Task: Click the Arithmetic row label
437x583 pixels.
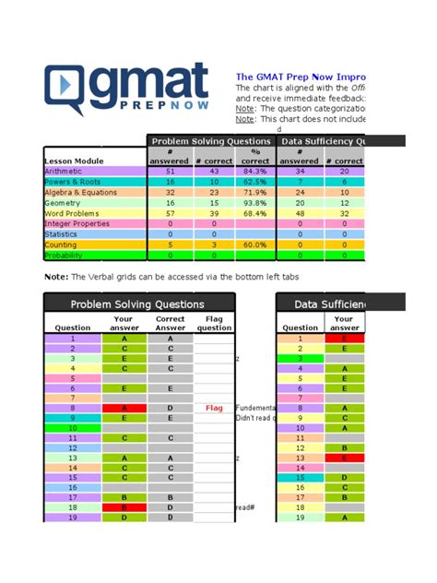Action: click(x=65, y=171)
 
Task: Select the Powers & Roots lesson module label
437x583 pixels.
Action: click(x=72, y=182)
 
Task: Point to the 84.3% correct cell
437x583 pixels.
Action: click(x=254, y=171)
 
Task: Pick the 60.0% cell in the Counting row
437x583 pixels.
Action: click(x=254, y=245)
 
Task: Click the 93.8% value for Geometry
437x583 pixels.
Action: click(x=254, y=203)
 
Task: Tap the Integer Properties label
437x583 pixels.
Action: click(x=77, y=224)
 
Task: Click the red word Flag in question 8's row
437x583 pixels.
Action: click(x=214, y=407)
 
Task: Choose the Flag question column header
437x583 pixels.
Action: click(x=214, y=324)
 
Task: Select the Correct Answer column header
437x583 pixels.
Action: click(x=171, y=324)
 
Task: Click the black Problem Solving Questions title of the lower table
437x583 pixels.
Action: click(x=139, y=303)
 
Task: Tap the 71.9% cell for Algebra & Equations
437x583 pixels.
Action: click(x=254, y=192)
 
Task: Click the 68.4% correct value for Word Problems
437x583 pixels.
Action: click(x=254, y=213)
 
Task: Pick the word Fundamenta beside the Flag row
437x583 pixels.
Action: click(x=254, y=407)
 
